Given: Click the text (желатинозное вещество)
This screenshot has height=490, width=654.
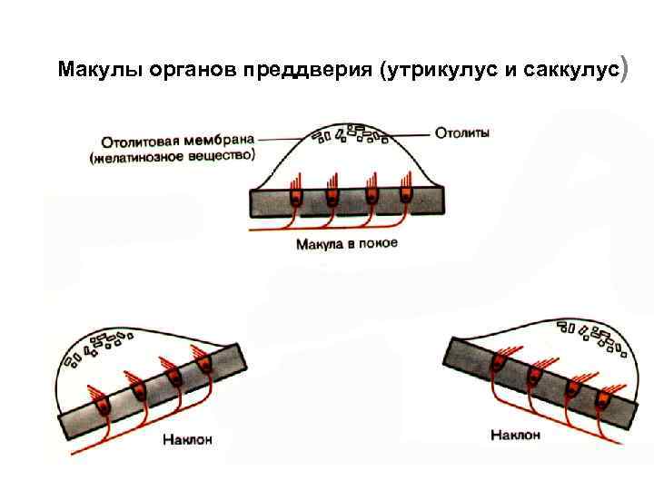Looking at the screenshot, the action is tap(172, 157).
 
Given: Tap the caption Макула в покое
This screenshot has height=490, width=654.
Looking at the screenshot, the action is tap(346, 244).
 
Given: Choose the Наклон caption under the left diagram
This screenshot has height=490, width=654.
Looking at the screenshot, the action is tap(188, 440).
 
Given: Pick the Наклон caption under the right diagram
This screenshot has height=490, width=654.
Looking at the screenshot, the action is tap(515, 436).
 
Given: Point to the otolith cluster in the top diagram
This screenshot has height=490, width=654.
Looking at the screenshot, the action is tap(351, 134).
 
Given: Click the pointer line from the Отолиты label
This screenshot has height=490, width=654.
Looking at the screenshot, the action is tap(411, 134).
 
